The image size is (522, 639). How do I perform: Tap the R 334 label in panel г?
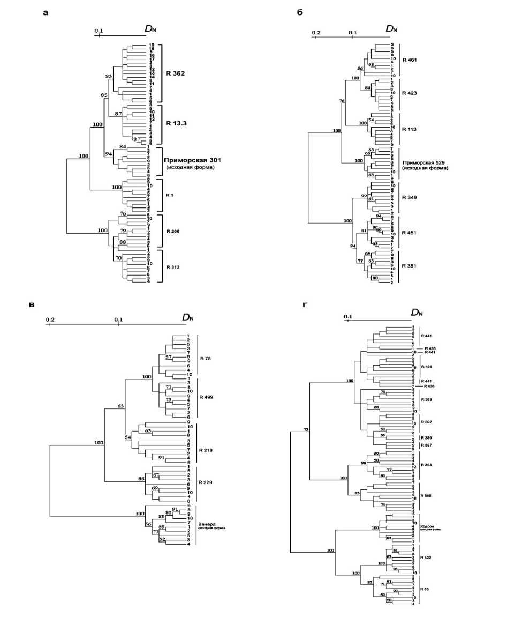427,464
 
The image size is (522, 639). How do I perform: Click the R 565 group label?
427,495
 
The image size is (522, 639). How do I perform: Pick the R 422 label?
427,557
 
